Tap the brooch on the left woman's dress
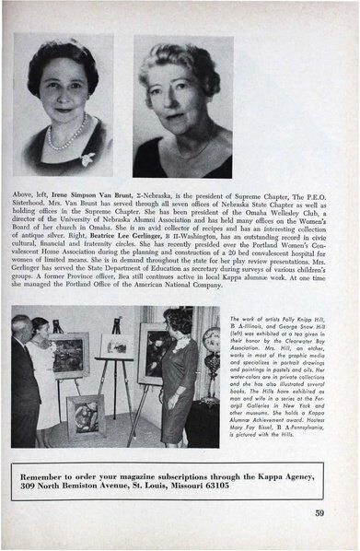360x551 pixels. point(87,158)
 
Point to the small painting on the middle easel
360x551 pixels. point(118,346)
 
